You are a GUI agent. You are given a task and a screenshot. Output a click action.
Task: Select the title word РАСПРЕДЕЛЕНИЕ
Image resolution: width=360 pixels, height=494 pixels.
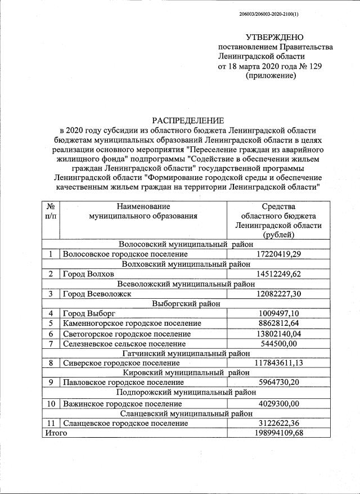188,120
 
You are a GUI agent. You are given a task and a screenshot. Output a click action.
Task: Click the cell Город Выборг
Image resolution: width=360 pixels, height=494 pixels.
89,313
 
